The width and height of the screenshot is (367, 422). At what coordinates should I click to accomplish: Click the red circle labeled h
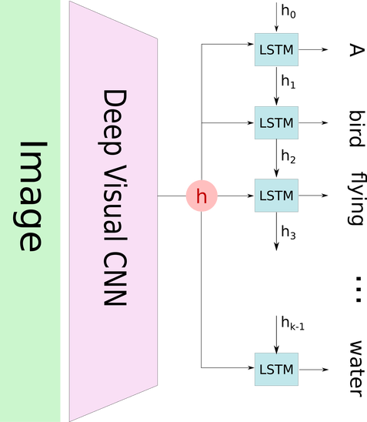tap(202, 196)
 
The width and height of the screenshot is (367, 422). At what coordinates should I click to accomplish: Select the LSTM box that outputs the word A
tap(276, 49)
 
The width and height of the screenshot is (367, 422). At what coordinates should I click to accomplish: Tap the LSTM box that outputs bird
tap(276, 122)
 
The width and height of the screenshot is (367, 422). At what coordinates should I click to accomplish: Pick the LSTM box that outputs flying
tap(276, 196)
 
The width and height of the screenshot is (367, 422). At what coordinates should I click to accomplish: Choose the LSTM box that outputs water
tap(276, 370)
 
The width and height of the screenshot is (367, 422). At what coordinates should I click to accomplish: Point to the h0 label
tap(289, 12)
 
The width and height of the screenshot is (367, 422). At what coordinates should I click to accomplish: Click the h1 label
tap(289, 82)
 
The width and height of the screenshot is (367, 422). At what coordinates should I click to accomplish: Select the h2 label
tap(289, 156)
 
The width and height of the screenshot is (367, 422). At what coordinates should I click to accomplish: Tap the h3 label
tap(289, 233)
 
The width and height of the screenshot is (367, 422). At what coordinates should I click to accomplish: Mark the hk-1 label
tap(293, 323)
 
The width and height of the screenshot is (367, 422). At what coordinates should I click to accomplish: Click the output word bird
tap(357, 129)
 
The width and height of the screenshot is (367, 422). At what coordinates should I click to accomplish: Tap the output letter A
tap(357, 50)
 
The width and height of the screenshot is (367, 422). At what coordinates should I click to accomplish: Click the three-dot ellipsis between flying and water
tap(358, 290)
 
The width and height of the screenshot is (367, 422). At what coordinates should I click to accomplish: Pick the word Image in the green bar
tap(30, 196)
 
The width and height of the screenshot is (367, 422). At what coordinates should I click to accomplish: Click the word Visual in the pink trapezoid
tap(115, 202)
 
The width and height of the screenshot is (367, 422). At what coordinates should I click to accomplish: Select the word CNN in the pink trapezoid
tap(115, 279)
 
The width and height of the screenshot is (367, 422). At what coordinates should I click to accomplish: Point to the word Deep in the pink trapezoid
tap(112, 122)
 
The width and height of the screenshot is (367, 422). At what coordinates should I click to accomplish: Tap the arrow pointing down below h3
tap(276, 232)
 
